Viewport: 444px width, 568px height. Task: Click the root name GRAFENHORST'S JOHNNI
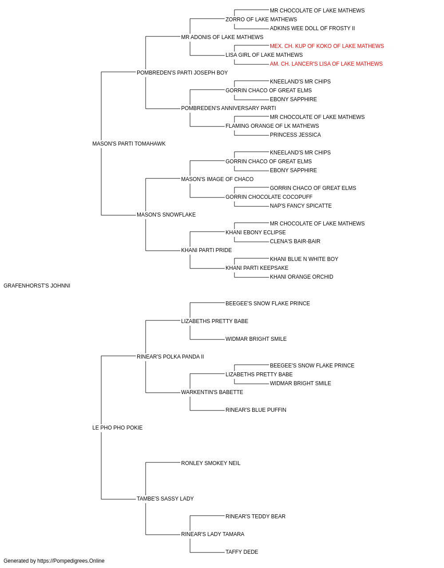point(37,286)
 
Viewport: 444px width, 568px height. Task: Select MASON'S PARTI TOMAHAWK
point(129,144)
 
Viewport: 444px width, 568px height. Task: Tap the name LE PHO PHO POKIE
point(117,428)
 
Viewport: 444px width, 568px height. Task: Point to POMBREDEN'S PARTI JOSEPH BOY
point(182,73)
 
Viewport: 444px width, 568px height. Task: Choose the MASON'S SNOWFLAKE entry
point(166,215)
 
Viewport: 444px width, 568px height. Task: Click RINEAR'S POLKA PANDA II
point(170,356)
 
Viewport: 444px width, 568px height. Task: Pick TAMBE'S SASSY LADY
point(165,498)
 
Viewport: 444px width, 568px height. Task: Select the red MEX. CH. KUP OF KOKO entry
point(327,46)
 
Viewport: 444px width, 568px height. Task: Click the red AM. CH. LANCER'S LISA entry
point(326,64)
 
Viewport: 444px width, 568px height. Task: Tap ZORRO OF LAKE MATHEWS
point(261,20)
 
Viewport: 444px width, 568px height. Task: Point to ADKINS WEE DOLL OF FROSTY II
point(313,28)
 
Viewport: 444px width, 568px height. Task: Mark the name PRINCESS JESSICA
point(295,135)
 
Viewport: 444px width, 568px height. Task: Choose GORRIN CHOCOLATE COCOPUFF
point(269,197)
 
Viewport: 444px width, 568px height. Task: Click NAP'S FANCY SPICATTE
point(301,206)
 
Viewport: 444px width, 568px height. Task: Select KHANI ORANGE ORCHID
point(301,277)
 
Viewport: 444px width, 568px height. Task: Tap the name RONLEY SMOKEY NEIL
point(211,463)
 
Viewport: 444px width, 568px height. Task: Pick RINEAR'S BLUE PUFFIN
point(256,410)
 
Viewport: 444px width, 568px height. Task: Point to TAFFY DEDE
point(242,552)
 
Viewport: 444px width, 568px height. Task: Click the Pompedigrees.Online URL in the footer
point(71,561)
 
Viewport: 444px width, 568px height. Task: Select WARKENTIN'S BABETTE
point(212,392)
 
